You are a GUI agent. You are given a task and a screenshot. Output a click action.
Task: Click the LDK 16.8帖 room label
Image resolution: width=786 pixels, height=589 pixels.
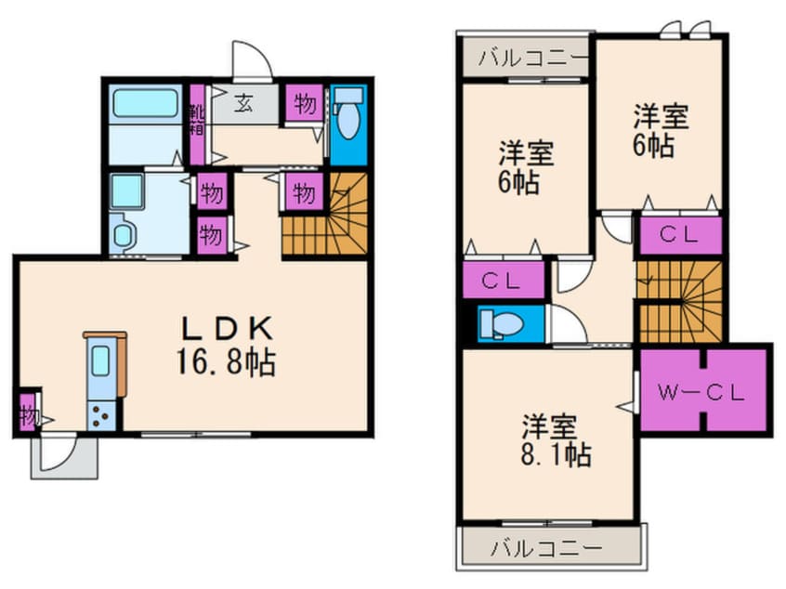226,346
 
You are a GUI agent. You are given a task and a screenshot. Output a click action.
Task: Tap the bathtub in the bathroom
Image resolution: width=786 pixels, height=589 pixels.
145,103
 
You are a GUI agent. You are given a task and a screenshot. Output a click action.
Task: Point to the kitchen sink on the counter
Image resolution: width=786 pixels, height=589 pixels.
101,360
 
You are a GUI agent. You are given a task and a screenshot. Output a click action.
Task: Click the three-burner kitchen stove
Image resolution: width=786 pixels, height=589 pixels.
101,415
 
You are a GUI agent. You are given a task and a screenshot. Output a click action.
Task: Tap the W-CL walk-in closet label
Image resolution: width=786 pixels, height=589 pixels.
701,393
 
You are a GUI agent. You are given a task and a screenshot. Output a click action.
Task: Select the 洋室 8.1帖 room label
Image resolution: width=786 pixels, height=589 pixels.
556,440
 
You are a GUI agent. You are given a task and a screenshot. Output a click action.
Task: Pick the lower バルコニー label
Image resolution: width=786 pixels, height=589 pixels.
546,549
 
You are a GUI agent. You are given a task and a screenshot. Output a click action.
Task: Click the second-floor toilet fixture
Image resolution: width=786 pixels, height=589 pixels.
502,323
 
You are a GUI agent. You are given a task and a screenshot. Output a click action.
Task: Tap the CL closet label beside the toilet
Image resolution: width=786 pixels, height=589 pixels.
502,281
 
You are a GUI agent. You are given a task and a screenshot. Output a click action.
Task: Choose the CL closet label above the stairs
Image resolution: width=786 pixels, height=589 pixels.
679,234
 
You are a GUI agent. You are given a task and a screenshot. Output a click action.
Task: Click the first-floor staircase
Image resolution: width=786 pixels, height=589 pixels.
324,214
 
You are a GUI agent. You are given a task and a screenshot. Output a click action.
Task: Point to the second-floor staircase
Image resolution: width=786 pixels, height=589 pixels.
679,301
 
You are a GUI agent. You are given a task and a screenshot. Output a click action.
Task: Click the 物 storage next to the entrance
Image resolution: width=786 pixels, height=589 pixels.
305,103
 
